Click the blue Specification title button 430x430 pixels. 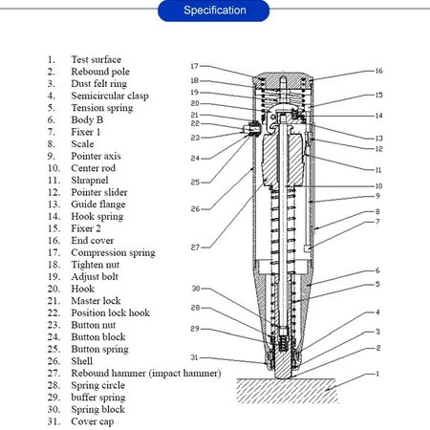click(215, 11)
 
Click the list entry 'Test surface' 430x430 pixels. click(96, 59)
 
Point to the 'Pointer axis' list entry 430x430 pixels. click(99, 157)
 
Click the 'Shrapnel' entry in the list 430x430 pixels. click(92, 181)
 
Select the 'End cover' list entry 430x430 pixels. click(94, 241)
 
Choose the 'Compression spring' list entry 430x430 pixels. click(112, 253)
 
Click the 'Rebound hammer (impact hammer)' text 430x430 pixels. click(146, 373)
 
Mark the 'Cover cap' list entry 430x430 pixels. click(95, 420)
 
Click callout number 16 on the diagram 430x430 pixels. click(378, 71)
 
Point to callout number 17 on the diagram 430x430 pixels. click(193, 66)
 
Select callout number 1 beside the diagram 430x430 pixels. click(378, 374)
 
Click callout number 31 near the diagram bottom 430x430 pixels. click(193, 358)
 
